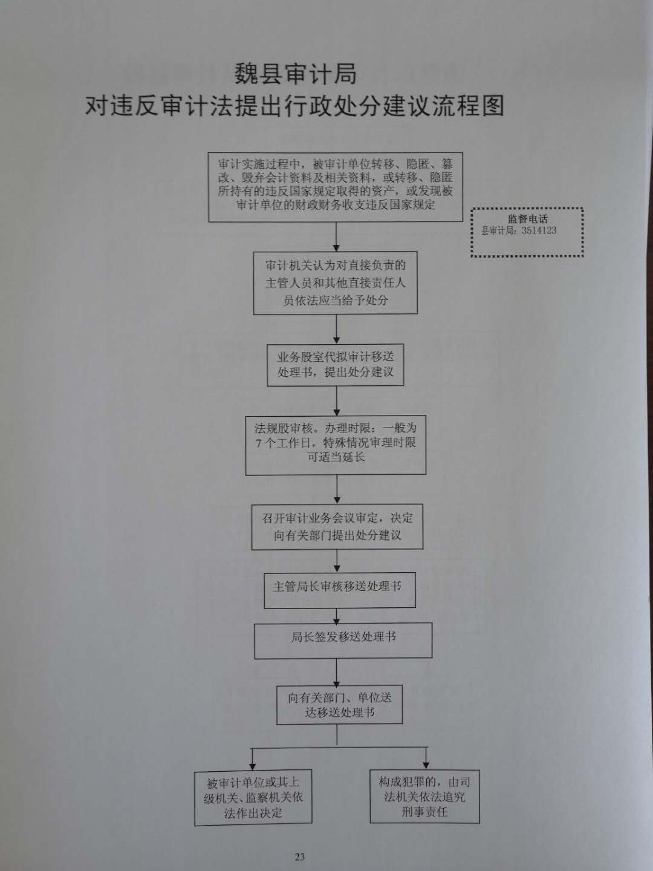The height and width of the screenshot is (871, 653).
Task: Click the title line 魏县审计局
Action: coord(296,74)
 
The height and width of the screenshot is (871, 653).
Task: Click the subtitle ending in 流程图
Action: coord(294,106)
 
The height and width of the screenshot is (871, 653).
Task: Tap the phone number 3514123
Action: coord(539,230)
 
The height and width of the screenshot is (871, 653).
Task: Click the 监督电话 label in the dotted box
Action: coord(528,218)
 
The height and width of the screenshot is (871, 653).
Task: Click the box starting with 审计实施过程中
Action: coord(336,187)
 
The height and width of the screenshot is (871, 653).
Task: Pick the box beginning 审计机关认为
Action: coord(336,282)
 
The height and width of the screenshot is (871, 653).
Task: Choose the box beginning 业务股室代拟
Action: coord(336,365)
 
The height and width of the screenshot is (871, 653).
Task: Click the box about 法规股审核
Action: coord(336,445)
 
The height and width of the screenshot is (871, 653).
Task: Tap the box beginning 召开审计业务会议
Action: coord(337,527)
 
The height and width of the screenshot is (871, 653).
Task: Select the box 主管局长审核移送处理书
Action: coord(340,590)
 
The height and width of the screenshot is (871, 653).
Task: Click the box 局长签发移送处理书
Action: coord(343,641)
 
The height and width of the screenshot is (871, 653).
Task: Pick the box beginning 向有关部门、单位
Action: coord(339,704)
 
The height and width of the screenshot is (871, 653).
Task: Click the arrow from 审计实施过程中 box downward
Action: coord(336,237)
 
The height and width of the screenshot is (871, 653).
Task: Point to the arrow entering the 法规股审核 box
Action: coord(337,401)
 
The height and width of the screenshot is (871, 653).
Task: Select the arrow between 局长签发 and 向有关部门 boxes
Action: coord(337,672)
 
